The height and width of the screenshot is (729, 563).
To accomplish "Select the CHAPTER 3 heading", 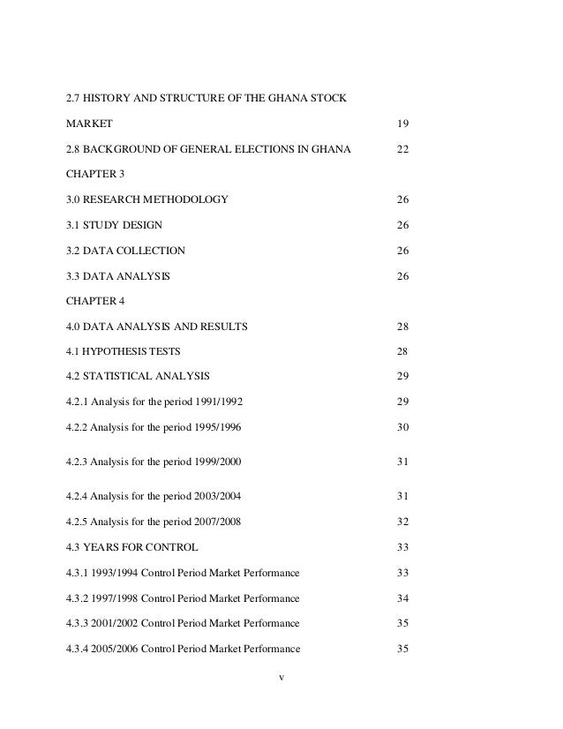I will (96, 175).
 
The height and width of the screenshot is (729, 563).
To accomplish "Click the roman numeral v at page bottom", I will (281, 679).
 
